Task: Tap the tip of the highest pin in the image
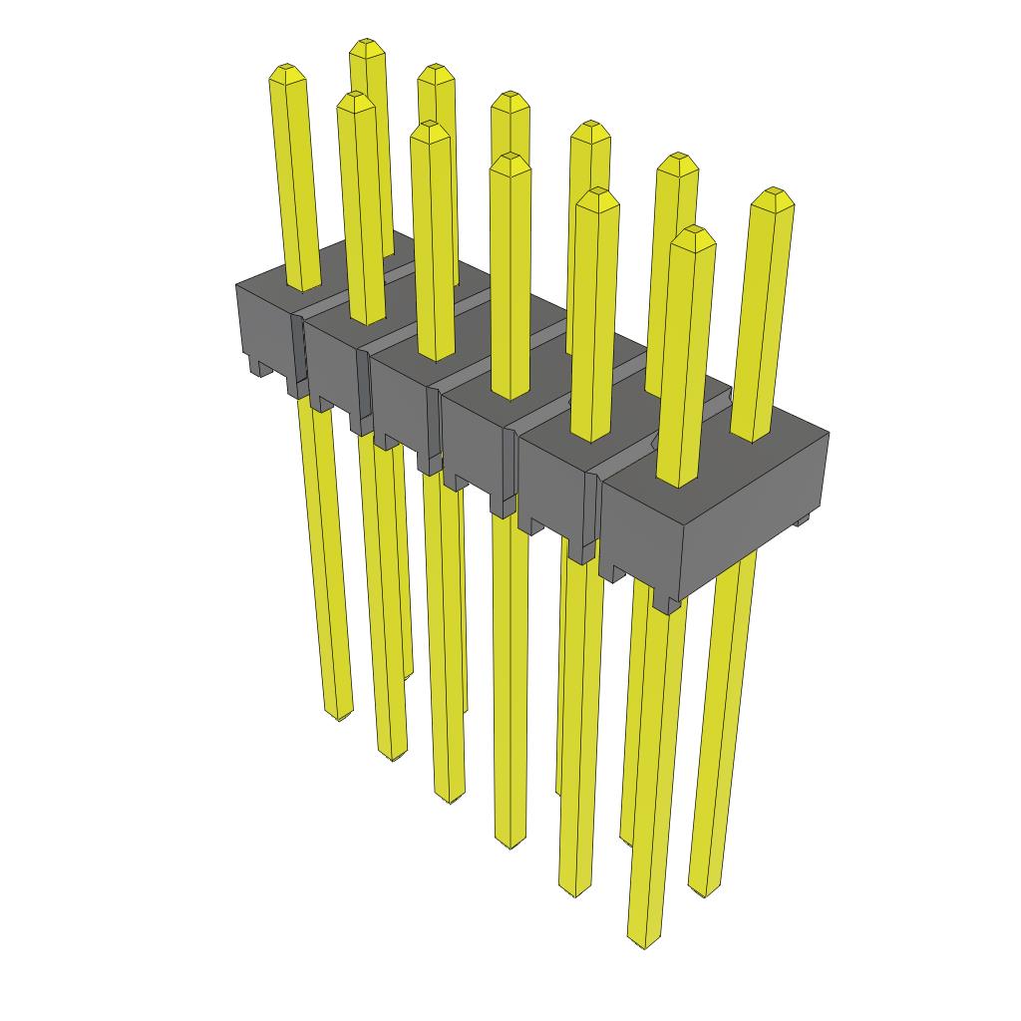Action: point(367,46)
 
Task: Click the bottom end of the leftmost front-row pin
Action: point(340,713)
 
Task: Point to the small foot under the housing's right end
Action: point(800,521)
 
